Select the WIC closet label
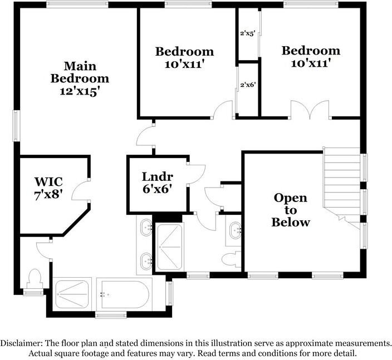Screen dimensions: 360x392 pyautogui.click(x=48, y=182)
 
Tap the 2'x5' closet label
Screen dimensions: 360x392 pyautogui.click(x=247, y=33)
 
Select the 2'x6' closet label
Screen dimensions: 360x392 pyautogui.click(x=247, y=85)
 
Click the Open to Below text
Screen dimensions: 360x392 pyautogui.click(x=290, y=210)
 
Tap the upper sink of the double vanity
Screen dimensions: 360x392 pyautogui.click(x=146, y=226)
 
